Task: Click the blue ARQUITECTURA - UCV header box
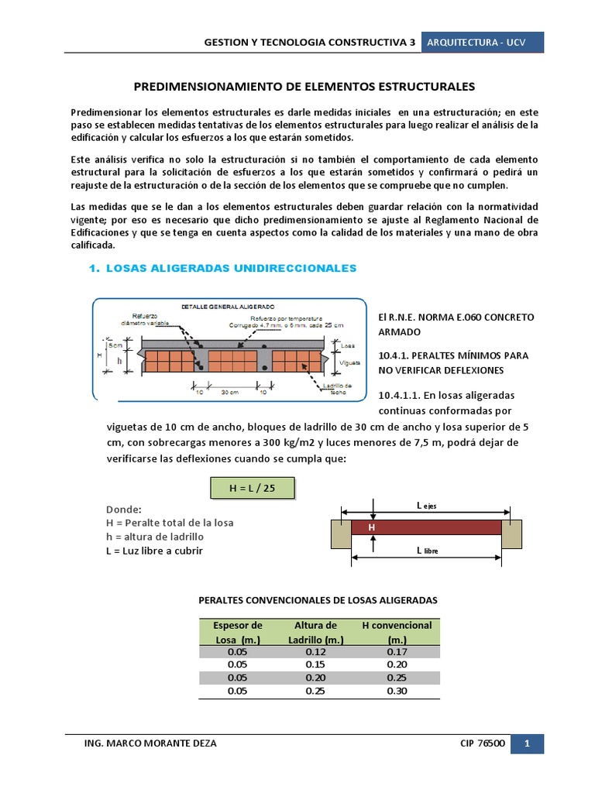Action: coord(482,43)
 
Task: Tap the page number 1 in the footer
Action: coord(527,743)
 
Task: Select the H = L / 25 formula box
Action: coord(253,488)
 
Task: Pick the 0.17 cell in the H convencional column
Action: coord(397,651)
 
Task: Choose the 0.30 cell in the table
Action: coord(397,691)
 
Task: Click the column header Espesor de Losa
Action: coord(238,632)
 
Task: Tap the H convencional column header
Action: coord(397,632)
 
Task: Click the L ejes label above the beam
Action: coord(427,505)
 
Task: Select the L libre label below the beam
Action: coord(427,551)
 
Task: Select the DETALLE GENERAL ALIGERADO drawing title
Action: coord(222,306)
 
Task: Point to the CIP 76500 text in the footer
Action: coord(483,743)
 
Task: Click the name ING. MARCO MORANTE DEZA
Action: coord(150,743)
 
